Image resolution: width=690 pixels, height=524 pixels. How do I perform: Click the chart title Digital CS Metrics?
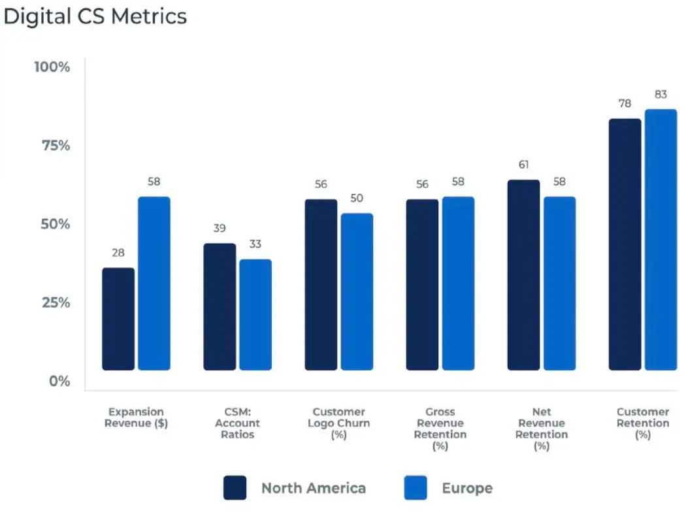click(x=95, y=16)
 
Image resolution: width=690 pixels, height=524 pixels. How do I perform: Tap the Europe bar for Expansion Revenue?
click(x=154, y=284)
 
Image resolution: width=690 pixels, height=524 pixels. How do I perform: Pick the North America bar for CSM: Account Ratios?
click(x=220, y=307)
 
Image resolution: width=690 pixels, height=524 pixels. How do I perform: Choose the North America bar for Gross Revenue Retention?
click(x=422, y=285)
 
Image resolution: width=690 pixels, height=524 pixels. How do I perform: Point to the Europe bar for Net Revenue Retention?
click(x=559, y=284)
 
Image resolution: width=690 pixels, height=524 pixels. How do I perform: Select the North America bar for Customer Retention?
click(x=625, y=244)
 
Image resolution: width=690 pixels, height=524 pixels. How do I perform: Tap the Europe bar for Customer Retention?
click(x=661, y=240)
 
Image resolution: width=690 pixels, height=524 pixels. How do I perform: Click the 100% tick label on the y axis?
click(x=52, y=67)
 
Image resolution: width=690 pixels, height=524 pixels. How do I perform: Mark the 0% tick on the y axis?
click(x=59, y=381)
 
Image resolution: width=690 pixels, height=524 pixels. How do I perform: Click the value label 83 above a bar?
click(x=661, y=95)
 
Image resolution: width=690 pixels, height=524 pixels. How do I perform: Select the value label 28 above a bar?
click(x=118, y=253)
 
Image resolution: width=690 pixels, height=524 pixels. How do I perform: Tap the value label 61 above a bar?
click(x=523, y=165)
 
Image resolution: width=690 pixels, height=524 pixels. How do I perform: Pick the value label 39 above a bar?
click(x=220, y=228)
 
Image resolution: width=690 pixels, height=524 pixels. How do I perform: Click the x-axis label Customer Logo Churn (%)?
click(x=338, y=423)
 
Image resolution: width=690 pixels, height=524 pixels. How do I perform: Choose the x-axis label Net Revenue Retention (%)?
click(x=541, y=429)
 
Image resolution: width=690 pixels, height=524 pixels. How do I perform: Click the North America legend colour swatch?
click(x=235, y=487)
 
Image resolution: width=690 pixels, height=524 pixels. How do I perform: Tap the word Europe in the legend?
click(x=467, y=488)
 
